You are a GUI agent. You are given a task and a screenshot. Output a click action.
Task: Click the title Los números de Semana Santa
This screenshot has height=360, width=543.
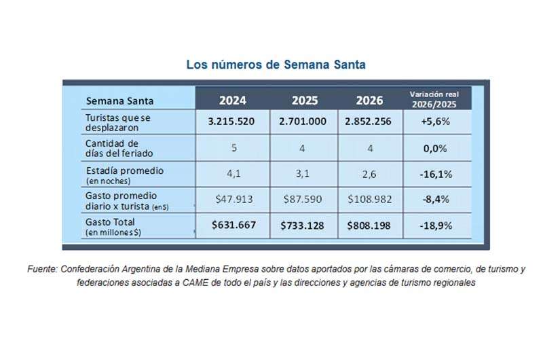[276, 65]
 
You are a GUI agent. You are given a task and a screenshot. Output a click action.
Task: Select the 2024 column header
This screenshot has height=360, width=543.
[232, 100]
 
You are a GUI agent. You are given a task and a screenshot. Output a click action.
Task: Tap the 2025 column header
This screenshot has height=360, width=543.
[305, 100]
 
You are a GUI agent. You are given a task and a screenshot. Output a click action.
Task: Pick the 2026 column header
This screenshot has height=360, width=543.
[369, 100]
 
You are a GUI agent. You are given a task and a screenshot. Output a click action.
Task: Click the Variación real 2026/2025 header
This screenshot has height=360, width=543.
[435, 99]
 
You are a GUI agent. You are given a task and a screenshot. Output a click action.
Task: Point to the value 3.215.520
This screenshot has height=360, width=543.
[233, 122]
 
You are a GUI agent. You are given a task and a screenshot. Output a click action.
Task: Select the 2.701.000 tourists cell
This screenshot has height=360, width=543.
[303, 122]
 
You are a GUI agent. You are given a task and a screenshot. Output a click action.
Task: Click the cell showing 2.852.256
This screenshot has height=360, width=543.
[369, 122]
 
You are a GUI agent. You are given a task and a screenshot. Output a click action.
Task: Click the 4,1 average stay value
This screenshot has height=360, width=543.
[232, 174]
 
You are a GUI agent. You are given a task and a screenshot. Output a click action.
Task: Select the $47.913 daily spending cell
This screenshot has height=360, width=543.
[232, 200]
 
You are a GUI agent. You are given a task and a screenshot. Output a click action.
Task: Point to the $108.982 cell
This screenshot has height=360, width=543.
[369, 200]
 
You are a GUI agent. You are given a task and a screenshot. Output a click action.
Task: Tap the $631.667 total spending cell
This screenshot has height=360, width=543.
[233, 226]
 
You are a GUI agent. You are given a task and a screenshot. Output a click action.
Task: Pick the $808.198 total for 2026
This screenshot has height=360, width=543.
[369, 226]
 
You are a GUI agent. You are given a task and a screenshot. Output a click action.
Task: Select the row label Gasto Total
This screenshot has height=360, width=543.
[110, 222]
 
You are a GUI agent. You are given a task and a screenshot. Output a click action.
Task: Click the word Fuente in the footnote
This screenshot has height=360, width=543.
[42, 269]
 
